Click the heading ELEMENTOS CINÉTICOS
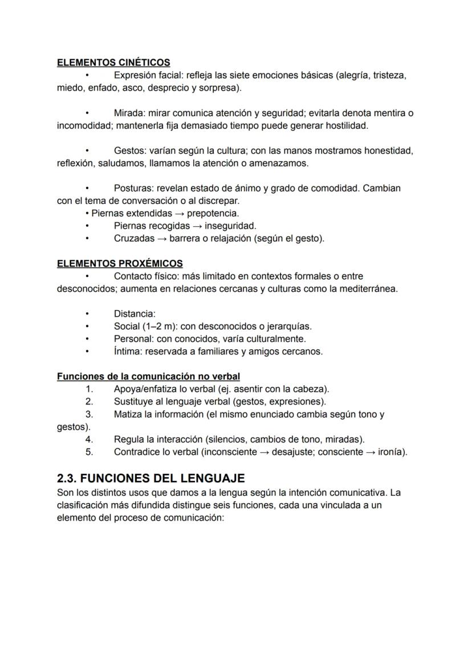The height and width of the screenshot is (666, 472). click(113, 63)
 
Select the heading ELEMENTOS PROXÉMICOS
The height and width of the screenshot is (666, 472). click(120, 263)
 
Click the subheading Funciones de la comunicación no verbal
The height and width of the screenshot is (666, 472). click(148, 377)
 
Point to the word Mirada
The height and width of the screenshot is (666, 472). click(129, 113)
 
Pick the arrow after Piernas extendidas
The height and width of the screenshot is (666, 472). click(179, 214)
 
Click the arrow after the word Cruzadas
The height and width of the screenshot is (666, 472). click(162, 239)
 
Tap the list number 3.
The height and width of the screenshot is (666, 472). click(89, 414)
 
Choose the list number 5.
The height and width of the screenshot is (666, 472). click(89, 452)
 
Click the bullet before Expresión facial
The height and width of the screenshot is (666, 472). click(87, 75)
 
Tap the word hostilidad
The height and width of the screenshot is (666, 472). click(346, 125)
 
